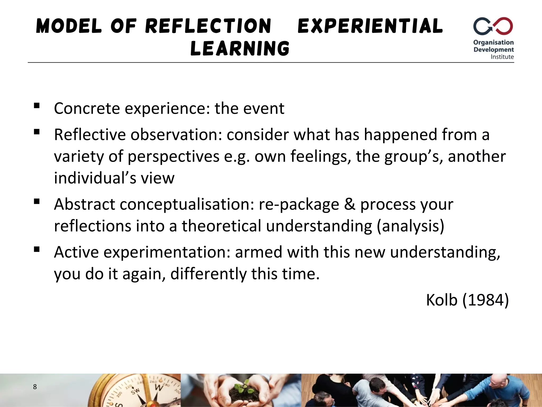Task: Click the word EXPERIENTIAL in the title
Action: click(x=370, y=26)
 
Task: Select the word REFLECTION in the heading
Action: click(x=208, y=26)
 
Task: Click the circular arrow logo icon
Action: click(x=493, y=26)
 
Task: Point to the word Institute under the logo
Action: click(x=502, y=57)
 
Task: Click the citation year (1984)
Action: click(x=485, y=300)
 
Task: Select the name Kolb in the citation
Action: click(x=441, y=300)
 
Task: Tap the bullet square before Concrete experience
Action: click(x=37, y=106)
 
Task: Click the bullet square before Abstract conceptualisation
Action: click(x=37, y=202)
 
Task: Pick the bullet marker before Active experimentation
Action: click(x=37, y=250)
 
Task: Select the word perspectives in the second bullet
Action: click(x=174, y=156)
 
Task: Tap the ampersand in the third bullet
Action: click(x=350, y=204)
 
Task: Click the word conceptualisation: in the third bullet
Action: click(x=187, y=204)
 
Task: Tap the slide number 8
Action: click(x=35, y=387)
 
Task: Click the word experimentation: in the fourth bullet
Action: click(x=167, y=252)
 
